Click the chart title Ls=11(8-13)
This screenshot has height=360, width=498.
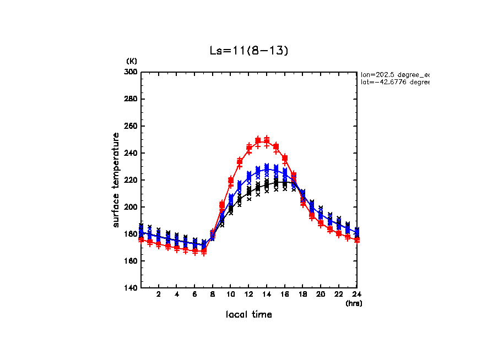(x=248, y=51)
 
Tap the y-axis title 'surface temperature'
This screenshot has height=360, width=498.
(x=116, y=179)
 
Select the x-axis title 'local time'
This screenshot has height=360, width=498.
(x=248, y=315)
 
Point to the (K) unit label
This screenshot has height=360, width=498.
(x=132, y=61)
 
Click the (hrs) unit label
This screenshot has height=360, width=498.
(x=354, y=303)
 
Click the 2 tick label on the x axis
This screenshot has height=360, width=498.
(x=159, y=294)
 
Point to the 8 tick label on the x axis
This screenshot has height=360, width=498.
(x=213, y=294)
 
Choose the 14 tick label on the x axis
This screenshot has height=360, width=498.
(x=267, y=294)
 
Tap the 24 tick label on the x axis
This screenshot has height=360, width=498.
(x=356, y=294)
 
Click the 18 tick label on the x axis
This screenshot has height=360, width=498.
(x=302, y=294)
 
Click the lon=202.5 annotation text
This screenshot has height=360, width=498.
(x=394, y=74)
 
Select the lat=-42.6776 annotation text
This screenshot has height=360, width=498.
(x=394, y=82)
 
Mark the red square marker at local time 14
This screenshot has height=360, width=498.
(x=267, y=141)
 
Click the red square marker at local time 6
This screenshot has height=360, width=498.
(x=195, y=250)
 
